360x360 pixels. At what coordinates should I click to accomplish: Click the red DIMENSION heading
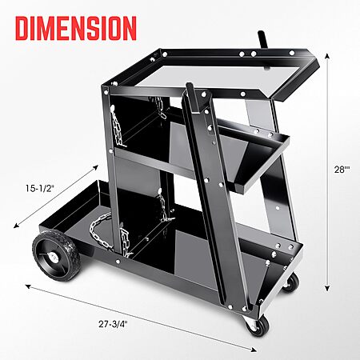pyautogui.click(x=76, y=28)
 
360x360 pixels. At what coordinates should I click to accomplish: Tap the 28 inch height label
pyautogui.click(x=342, y=169)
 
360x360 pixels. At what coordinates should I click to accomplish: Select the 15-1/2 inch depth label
pyautogui.click(x=40, y=188)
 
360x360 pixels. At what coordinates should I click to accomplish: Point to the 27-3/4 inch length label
pyautogui.click(x=113, y=324)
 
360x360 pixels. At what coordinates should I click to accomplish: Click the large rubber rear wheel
pyautogui.click(x=56, y=255)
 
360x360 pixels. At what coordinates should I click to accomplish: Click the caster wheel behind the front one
pyautogui.click(x=290, y=282)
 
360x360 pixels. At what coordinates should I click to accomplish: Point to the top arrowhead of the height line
pyautogui.click(x=327, y=55)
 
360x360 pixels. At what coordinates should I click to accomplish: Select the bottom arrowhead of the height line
pyautogui.click(x=327, y=288)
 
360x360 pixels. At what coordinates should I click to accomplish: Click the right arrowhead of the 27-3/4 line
pyautogui.click(x=254, y=350)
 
